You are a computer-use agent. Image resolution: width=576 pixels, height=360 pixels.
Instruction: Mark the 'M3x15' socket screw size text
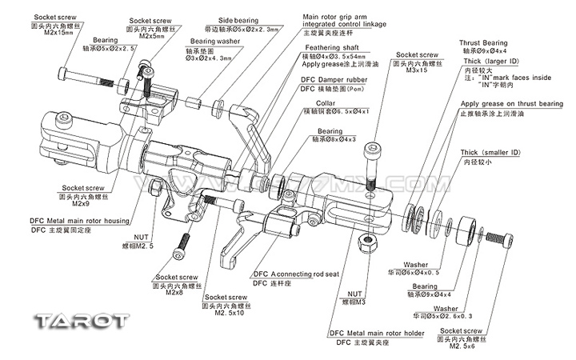(x=412, y=71)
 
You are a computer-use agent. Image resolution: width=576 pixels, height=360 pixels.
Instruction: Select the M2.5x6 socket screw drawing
(x=497, y=238)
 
